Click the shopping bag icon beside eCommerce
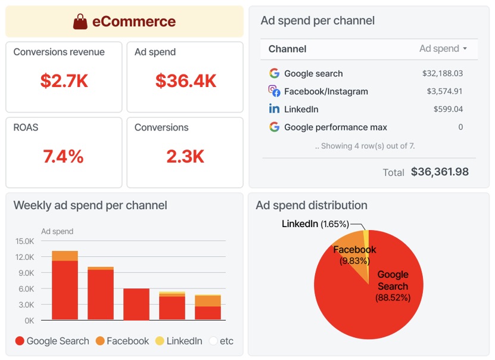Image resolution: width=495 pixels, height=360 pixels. tap(80, 22)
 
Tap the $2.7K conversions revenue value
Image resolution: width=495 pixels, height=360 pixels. tap(64, 81)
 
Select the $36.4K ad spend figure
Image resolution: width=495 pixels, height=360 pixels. tap(185, 81)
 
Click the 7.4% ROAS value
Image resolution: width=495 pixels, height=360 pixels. tap(63, 157)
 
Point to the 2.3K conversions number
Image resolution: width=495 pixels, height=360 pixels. tap(185, 157)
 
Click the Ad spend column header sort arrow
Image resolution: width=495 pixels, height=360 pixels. tap(465, 49)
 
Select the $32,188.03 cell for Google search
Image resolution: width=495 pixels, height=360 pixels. tap(442, 74)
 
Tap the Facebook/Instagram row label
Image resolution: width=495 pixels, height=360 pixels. tap(326, 92)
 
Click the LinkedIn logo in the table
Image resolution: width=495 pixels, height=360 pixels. tap(274, 109)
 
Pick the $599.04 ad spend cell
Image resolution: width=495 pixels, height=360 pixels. tap(448, 109)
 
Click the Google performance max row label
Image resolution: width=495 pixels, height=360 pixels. tap(335, 127)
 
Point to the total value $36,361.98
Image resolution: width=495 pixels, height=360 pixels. tap(440, 172)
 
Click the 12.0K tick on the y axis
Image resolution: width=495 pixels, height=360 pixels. tap(24, 257)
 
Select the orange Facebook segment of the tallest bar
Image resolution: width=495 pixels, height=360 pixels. tap(64, 256)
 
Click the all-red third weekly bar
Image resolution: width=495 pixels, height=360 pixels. tap(136, 305)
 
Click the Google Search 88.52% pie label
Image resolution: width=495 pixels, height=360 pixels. tap(393, 285)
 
